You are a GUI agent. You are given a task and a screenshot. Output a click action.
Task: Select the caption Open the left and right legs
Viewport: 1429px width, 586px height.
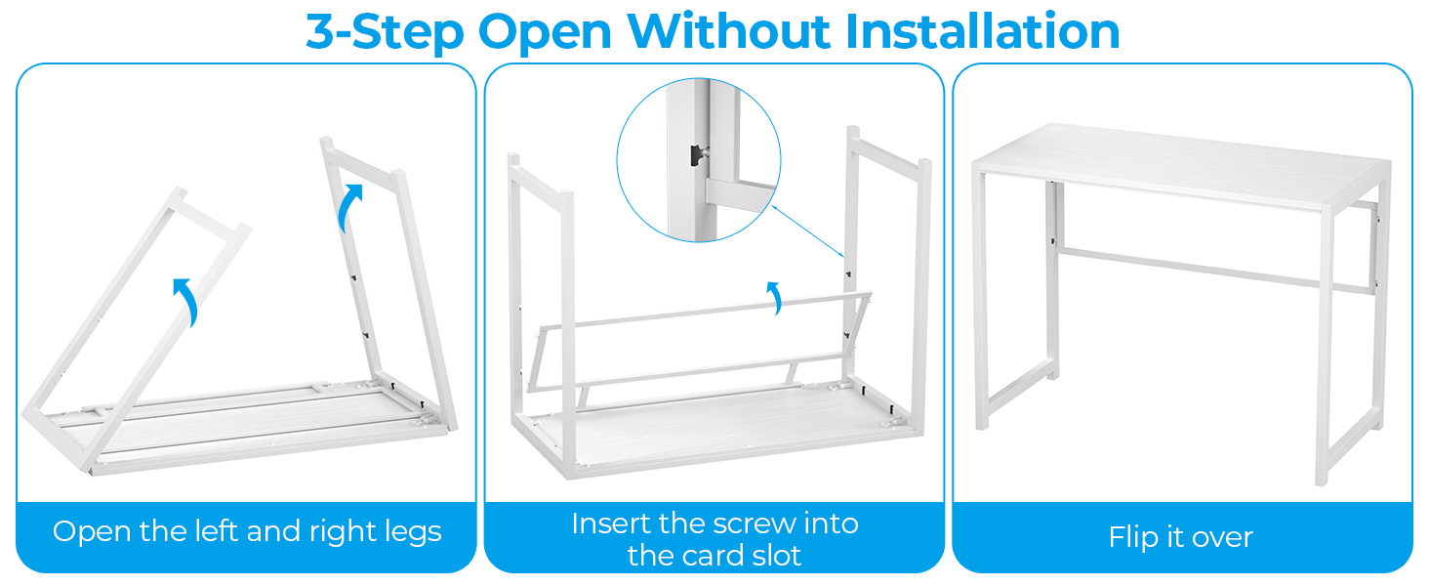point(247,531)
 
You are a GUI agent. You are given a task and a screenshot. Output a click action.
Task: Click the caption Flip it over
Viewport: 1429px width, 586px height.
point(1180,537)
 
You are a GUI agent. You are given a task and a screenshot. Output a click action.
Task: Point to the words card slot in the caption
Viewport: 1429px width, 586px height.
point(714,556)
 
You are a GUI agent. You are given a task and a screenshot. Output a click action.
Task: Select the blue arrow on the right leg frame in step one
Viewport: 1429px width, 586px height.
point(348,207)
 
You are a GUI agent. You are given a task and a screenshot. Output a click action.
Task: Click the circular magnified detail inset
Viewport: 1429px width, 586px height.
point(699,161)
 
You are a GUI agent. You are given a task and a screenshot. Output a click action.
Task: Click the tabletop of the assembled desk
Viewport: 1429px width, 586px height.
point(1181,156)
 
